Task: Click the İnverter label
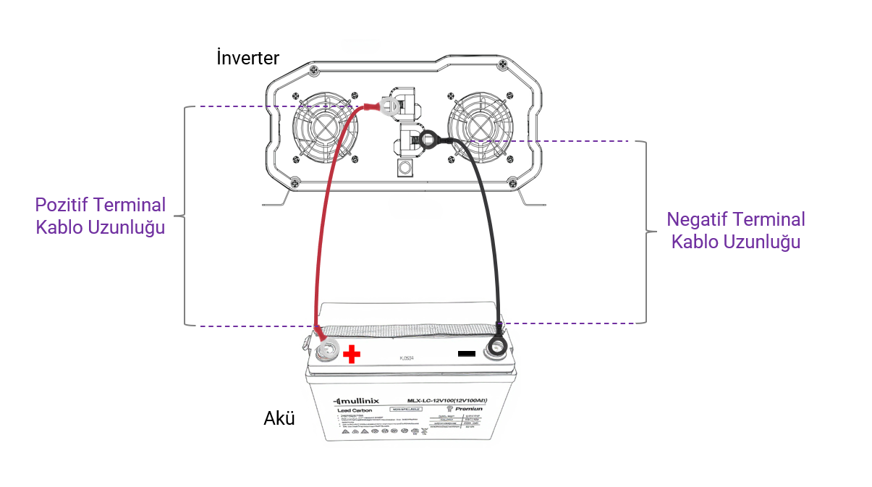247,58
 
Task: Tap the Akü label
279,418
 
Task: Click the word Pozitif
67,205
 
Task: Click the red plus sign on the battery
351,354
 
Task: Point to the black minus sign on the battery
467,354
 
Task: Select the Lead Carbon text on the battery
354,410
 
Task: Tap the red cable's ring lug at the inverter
389,108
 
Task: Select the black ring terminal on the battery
496,347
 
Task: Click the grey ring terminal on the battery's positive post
326,351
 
